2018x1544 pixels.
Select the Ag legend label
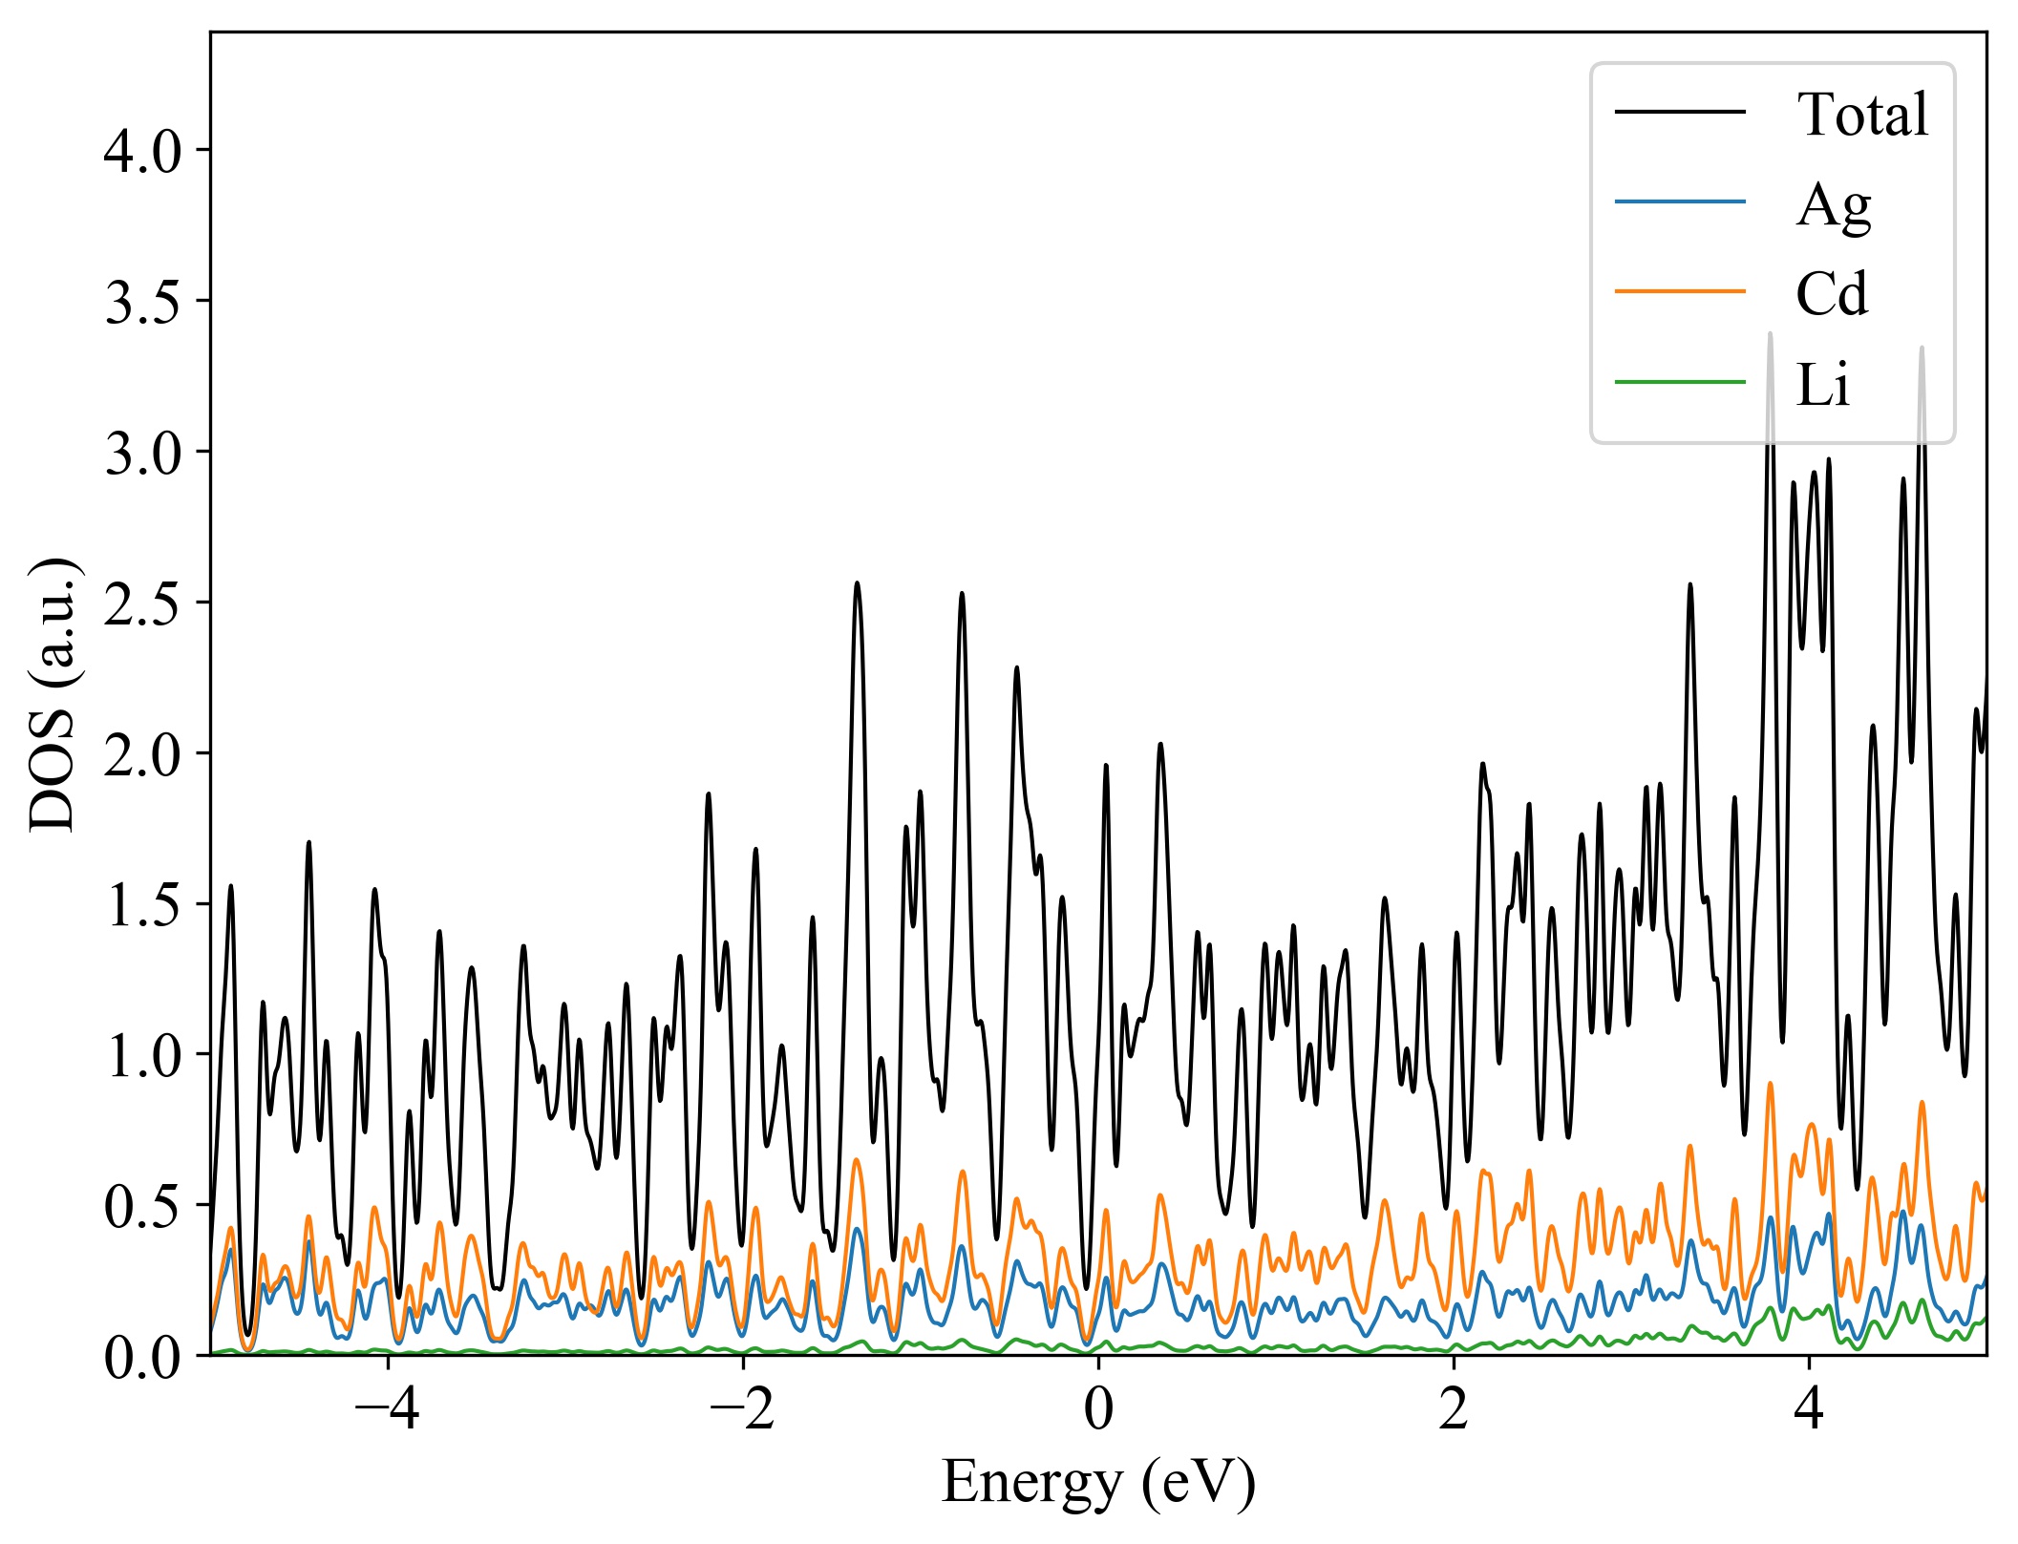[x=1833, y=204]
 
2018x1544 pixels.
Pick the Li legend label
[x=1822, y=385]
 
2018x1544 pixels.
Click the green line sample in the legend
[x=1680, y=383]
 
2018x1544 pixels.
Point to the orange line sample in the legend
[x=1680, y=291]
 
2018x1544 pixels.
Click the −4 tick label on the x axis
[x=387, y=1409]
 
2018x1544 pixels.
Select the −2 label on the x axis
[x=742, y=1409]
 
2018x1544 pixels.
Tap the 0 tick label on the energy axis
[x=1098, y=1409]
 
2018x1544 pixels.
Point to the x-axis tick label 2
[x=1454, y=1409]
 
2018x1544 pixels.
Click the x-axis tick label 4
[x=1809, y=1409]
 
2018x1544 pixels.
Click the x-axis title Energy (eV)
[x=1098, y=1483]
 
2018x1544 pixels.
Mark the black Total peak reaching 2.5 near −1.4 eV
[x=857, y=583]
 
